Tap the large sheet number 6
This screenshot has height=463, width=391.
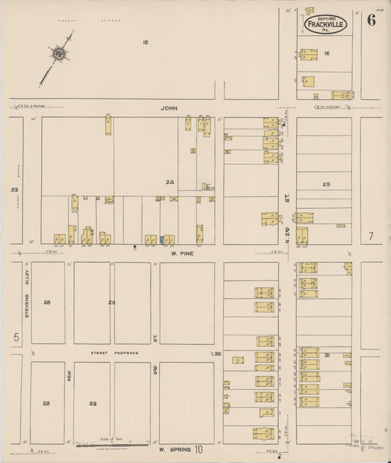tap(372, 20)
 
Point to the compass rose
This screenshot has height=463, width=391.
tap(56, 53)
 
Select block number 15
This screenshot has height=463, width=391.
tap(146, 42)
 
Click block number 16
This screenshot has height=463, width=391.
tap(327, 53)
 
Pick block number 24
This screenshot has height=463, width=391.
tap(170, 182)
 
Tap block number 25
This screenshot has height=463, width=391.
tap(326, 185)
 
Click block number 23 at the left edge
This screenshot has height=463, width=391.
tap(13, 190)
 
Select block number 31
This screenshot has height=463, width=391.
tap(328, 355)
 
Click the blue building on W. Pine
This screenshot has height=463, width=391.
tap(161, 239)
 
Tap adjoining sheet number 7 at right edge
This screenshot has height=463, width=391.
tap(372, 236)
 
